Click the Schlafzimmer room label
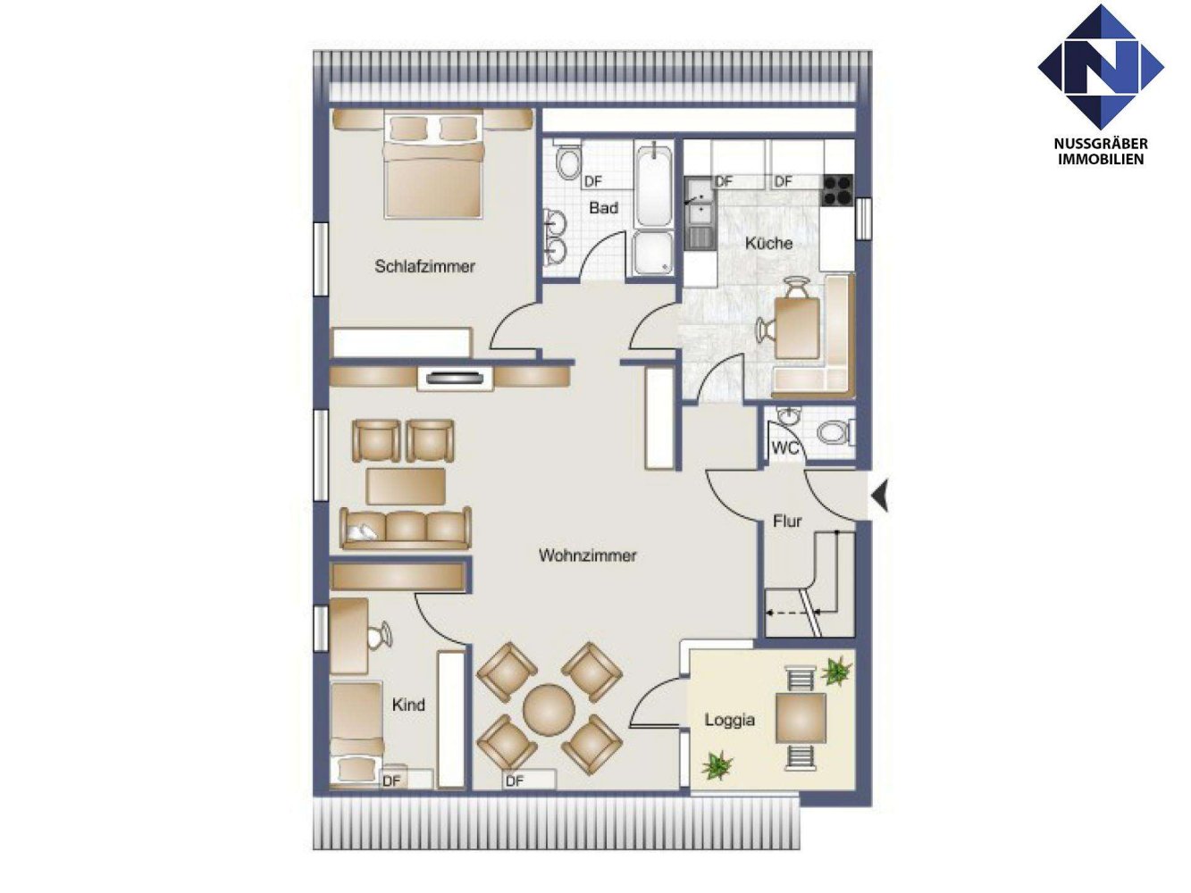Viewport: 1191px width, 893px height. point(424,266)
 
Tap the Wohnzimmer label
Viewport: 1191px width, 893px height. point(587,555)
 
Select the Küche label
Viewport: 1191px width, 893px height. point(768,243)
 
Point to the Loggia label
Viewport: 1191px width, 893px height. point(729,720)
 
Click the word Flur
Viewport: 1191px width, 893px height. point(787,521)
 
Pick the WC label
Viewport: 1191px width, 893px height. point(784,447)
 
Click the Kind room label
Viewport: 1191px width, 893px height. point(408,705)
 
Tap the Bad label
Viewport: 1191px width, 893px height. point(603,208)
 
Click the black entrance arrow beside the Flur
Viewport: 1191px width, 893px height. point(880,495)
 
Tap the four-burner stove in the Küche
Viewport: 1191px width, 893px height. point(837,188)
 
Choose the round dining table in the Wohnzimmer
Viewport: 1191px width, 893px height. point(549,710)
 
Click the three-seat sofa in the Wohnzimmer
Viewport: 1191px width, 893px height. point(405,528)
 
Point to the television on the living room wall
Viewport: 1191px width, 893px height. point(455,378)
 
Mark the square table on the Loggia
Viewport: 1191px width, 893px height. point(801,718)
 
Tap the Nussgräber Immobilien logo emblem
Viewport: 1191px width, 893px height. point(1100,67)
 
